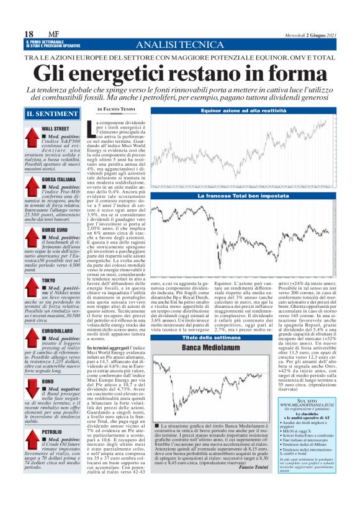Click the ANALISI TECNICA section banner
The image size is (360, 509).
click(179, 45)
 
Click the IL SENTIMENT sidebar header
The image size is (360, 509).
click(48, 114)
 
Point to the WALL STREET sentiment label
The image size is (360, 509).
click(55, 128)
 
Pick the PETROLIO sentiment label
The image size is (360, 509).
click(53, 430)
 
